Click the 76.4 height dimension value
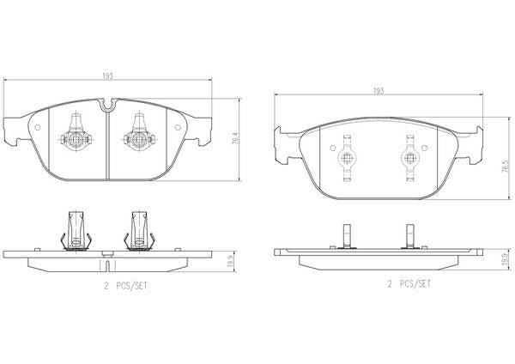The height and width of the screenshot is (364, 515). point(235,139)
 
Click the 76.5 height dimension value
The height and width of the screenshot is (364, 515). point(506,167)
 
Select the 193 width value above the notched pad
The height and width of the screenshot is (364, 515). point(107,76)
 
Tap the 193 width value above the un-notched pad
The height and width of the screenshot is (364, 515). point(379,91)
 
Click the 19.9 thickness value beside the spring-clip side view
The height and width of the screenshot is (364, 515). point(231,262)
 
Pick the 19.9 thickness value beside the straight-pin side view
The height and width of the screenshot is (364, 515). point(505,259)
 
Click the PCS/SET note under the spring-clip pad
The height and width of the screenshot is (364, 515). point(131,286)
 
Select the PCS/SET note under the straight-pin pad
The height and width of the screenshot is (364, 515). point(415,284)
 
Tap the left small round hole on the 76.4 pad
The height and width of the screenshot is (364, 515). point(38,127)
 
